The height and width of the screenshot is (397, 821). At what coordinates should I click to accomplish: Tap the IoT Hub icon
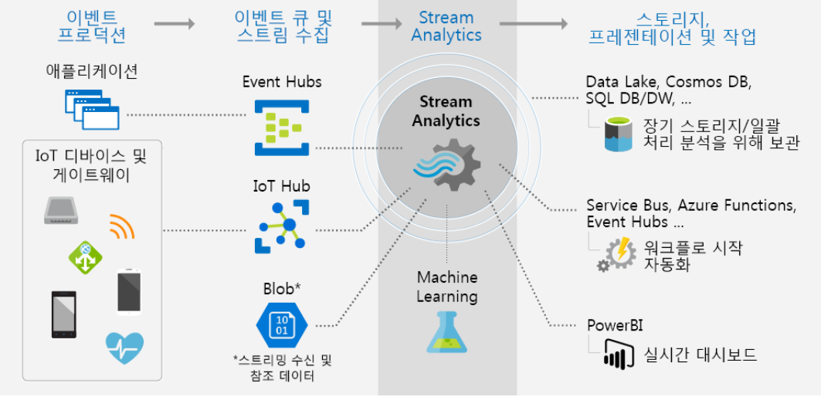coord(281,227)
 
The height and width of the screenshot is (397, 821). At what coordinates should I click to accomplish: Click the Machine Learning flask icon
coord(447,332)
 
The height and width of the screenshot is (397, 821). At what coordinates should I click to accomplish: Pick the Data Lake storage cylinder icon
coord(620,134)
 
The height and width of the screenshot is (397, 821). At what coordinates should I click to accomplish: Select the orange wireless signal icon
coord(122,226)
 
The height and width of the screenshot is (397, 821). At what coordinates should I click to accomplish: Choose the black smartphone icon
coord(64,314)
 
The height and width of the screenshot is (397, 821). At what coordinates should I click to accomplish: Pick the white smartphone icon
coord(129,292)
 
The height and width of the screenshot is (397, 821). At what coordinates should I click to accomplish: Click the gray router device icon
coord(63,210)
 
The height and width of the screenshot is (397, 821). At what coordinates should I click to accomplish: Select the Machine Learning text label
coord(447,287)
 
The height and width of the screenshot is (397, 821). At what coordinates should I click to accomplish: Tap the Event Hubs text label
coord(282,82)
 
